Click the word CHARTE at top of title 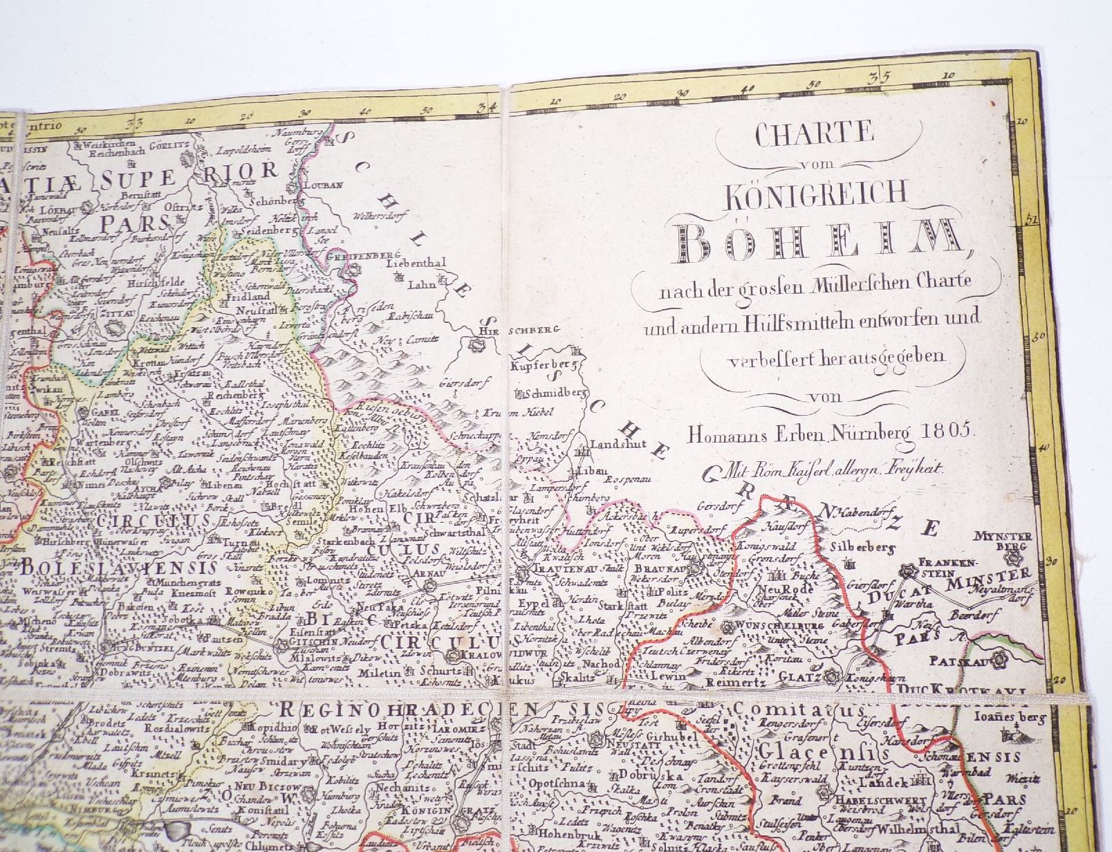[x=815, y=134]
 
